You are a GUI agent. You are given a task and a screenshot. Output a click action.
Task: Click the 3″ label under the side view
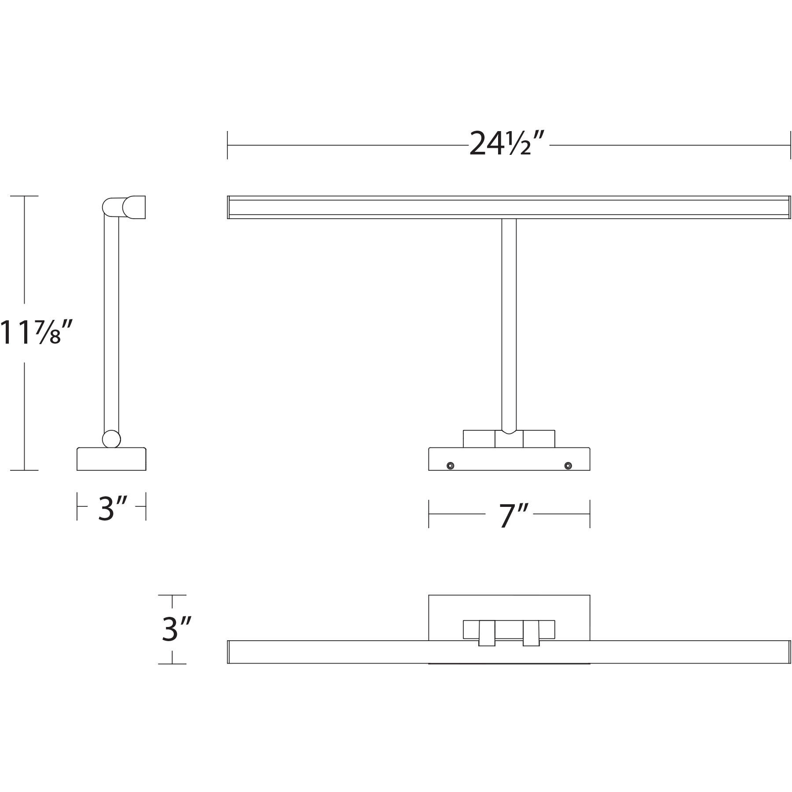point(112,508)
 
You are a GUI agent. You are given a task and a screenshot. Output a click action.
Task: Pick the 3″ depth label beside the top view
point(176,629)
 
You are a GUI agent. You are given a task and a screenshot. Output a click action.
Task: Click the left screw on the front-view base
point(450,466)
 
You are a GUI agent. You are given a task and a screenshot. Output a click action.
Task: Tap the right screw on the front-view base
point(568,466)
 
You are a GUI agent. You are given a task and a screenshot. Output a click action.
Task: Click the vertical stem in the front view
point(509,321)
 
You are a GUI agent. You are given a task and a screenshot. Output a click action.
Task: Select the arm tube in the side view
point(111,321)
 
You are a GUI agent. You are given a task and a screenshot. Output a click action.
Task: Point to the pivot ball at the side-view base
point(111,439)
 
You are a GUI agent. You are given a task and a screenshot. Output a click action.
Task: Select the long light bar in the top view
point(330,652)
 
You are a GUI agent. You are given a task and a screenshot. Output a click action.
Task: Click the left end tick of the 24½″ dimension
point(227,145)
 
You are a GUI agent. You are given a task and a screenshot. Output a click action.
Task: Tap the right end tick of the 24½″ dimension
point(790,145)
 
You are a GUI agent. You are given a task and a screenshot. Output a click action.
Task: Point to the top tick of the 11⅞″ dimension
point(24,196)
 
